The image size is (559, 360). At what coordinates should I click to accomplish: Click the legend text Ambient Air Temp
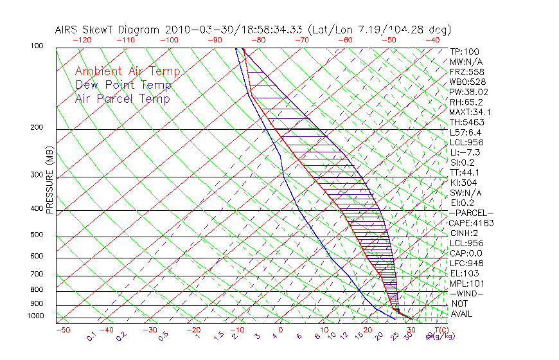[x=127, y=71]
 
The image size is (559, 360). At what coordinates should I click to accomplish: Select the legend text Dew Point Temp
[x=123, y=85]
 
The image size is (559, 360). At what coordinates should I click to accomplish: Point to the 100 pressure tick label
[x=37, y=46]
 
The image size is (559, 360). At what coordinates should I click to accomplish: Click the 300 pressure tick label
[x=37, y=175]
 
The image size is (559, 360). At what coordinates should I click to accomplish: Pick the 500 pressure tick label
[x=37, y=235]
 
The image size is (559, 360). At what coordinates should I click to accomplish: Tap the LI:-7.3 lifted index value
[x=465, y=152]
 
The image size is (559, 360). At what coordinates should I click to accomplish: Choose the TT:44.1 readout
[x=465, y=172]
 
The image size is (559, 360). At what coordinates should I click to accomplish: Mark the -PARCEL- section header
[x=471, y=213]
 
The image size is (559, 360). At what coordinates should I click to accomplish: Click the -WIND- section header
[x=467, y=293]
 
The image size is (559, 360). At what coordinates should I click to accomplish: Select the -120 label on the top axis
[x=82, y=39]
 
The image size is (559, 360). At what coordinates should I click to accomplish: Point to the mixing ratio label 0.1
[x=91, y=336]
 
